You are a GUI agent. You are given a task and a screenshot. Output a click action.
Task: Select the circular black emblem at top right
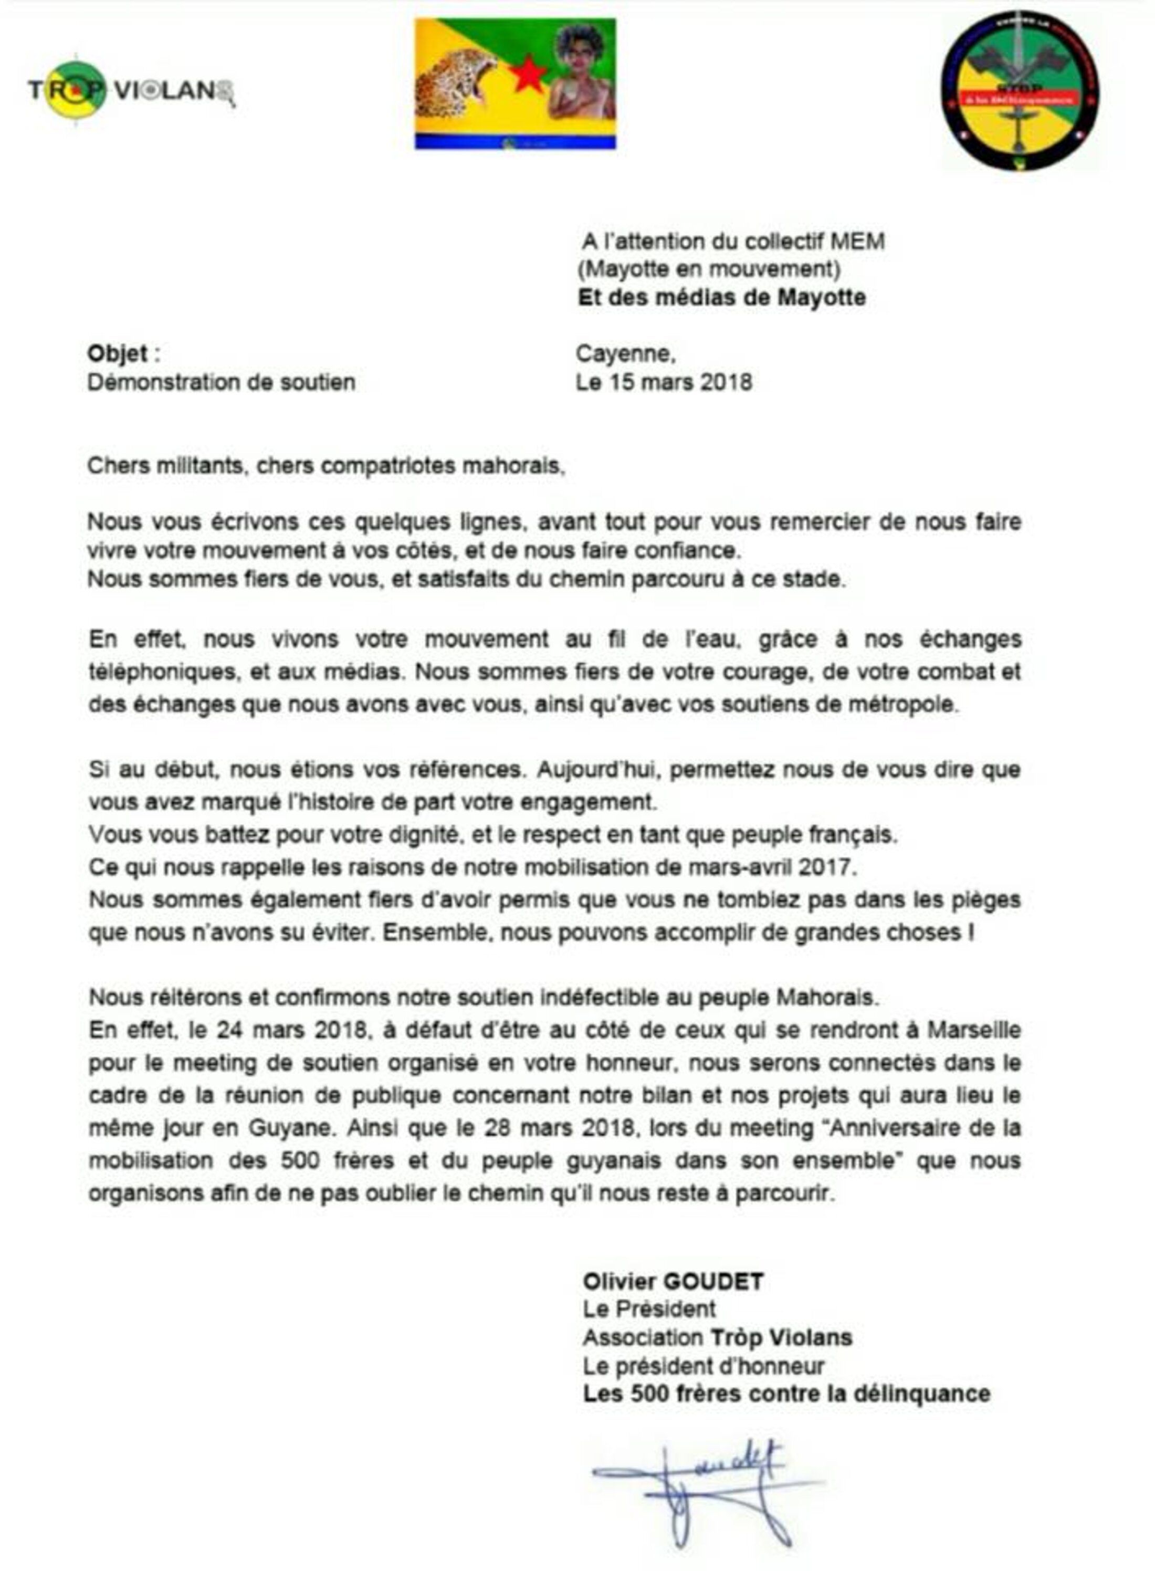(x=1020, y=91)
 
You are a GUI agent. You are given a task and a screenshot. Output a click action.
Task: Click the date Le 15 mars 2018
(x=664, y=382)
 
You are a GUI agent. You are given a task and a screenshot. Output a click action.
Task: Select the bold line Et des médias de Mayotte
(x=721, y=297)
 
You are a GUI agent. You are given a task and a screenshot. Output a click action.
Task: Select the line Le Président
(x=649, y=1309)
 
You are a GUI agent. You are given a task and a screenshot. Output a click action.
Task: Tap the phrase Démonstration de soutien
(x=221, y=382)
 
